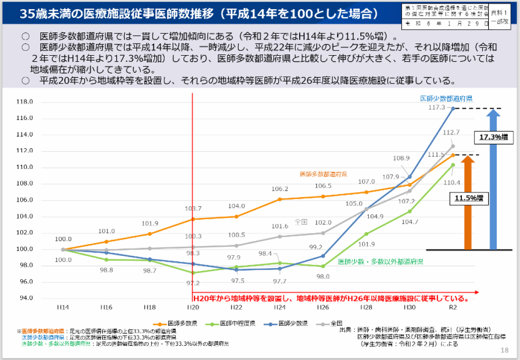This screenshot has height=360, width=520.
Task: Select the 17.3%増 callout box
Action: click(x=492, y=137)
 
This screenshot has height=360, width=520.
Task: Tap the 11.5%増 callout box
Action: click(x=468, y=198)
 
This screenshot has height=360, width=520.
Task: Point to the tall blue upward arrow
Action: click(x=495, y=182)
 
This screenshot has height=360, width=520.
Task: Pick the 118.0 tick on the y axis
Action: click(x=24, y=102)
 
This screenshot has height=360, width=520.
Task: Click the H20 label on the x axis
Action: click(x=193, y=307)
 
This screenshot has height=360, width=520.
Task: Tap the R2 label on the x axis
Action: click(x=453, y=307)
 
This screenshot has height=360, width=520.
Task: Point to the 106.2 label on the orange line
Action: click(x=279, y=189)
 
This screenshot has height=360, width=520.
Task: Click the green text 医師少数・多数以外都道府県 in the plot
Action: click(x=380, y=262)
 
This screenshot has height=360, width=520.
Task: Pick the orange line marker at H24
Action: click(x=279, y=199)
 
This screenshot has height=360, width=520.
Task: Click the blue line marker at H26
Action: click(x=323, y=256)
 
